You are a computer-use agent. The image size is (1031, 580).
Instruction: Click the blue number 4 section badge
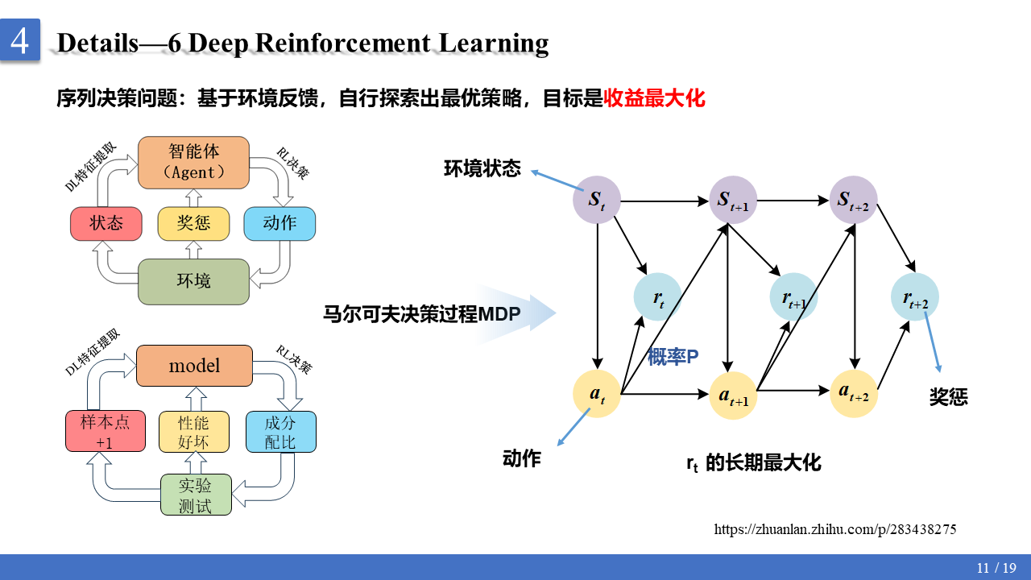click(x=19, y=39)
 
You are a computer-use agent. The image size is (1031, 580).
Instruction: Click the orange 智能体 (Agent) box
click(x=193, y=161)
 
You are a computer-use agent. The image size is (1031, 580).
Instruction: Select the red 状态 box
click(x=106, y=223)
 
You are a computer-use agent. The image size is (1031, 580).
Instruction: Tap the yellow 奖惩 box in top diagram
click(x=193, y=223)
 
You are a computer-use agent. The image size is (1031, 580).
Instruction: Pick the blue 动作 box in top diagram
click(x=279, y=223)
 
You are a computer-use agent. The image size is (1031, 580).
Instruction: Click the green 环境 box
click(x=193, y=281)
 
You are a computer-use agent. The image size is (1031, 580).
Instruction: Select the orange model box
click(x=194, y=366)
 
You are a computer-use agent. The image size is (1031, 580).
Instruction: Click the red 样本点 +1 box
click(x=106, y=432)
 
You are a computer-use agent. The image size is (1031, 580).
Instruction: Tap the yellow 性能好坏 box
click(x=193, y=432)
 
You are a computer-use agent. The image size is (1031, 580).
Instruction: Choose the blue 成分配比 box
click(x=280, y=432)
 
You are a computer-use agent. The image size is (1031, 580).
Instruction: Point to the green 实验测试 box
click(x=195, y=495)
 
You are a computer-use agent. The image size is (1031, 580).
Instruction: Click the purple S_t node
click(x=597, y=199)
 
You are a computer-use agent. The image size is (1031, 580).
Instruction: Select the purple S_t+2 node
click(x=853, y=200)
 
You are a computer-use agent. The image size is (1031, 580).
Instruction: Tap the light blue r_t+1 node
click(x=794, y=298)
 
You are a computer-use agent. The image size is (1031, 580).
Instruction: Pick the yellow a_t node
click(x=597, y=394)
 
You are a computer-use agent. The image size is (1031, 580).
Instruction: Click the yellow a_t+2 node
click(x=853, y=393)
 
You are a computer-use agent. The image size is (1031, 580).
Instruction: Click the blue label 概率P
click(x=673, y=357)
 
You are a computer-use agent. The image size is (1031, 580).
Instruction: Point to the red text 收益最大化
click(x=654, y=99)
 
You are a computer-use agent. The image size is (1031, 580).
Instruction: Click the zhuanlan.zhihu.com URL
click(x=835, y=529)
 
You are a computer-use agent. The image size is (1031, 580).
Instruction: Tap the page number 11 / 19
click(x=996, y=568)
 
